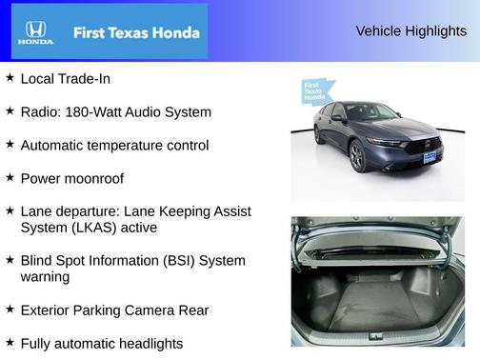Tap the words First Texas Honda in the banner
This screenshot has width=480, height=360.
pos(136,33)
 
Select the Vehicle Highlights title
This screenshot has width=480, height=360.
pos(410,31)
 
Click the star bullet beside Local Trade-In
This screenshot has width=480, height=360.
pos(10,78)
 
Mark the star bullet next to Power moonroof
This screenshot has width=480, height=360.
pos(10,178)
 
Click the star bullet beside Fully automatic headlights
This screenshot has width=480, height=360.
pos(10,343)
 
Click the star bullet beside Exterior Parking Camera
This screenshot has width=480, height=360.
pos(10,310)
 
